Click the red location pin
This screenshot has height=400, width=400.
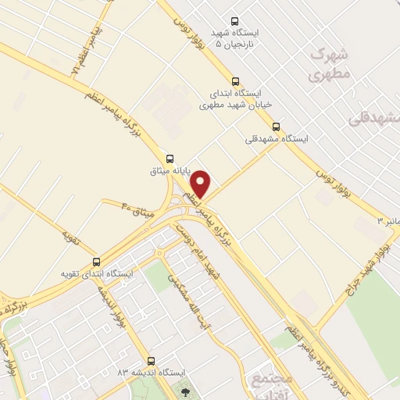coord(201,184)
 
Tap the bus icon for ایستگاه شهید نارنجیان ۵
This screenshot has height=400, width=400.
coord(235,22)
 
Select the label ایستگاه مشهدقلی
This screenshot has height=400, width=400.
coord(277,139)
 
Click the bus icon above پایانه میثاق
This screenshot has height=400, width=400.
coord(171,157)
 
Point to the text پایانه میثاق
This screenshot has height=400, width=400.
coord(170,170)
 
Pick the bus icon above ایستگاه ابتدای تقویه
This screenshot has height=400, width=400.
coord(97,262)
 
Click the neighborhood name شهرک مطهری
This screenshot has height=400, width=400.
coord(328,64)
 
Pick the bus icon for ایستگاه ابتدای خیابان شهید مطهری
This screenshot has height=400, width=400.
coord(236,80)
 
